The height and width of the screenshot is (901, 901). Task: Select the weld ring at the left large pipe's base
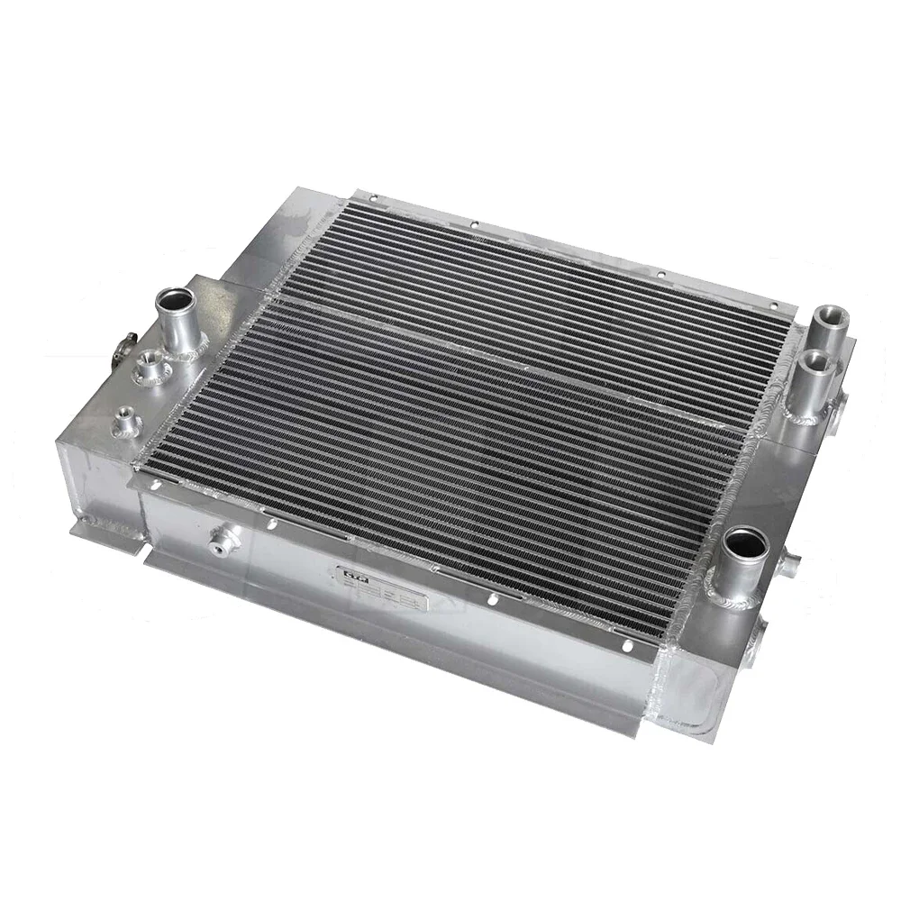[185, 346]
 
